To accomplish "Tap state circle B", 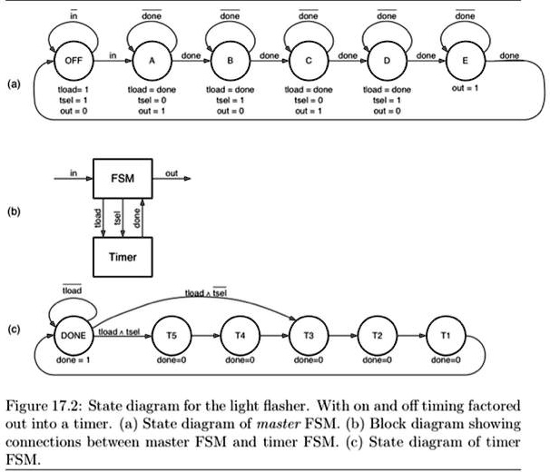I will pos(229,61).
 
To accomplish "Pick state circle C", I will pos(309,61).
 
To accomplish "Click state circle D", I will pos(388,61).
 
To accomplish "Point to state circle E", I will pos(465,61).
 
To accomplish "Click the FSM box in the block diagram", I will pos(123,179).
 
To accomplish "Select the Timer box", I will pos(123,257).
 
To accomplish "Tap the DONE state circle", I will pos(73,335).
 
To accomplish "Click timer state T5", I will pos(172,335).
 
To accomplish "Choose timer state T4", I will pos(241,335).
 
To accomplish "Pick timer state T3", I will pos(309,335).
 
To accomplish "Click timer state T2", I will pos(377,335).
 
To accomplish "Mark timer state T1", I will pos(445,335).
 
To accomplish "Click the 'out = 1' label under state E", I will pos(465,90).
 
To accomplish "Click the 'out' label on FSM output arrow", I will pos(172,172).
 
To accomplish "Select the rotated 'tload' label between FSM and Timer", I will pos(98,218).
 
